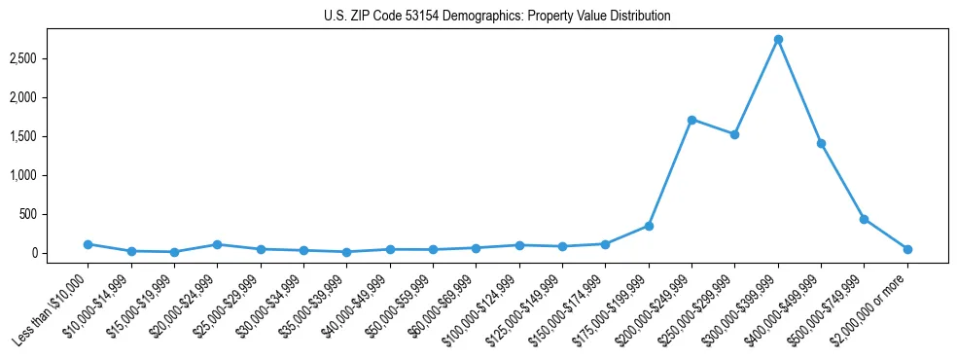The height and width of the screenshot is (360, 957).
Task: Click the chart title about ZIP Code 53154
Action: click(x=497, y=17)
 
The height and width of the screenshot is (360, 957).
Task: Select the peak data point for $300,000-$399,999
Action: click(x=778, y=40)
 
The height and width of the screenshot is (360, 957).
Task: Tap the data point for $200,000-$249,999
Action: click(x=691, y=120)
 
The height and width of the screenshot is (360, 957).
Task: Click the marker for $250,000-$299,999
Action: click(x=734, y=134)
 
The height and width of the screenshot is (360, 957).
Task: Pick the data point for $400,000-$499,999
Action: click(x=821, y=143)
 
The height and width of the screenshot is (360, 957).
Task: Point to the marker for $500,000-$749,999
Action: click(x=864, y=219)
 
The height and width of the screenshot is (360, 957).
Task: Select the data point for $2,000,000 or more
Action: click(x=907, y=249)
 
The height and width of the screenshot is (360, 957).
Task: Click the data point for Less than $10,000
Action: click(x=88, y=244)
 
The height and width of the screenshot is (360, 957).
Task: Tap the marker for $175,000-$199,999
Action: click(x=649, y=226)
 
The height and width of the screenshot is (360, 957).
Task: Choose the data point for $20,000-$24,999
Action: click(x=217, y=244)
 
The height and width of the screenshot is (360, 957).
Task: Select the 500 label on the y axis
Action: click(x=28, y=214)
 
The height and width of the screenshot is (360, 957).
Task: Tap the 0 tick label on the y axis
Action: click(x=34, y=253)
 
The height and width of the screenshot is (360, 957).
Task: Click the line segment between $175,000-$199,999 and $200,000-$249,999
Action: click(x=670, y=173)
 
